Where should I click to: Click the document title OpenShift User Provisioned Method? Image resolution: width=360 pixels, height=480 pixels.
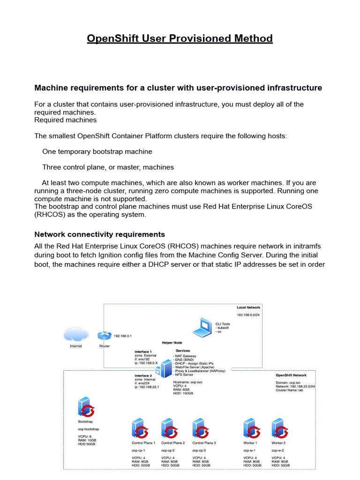180,38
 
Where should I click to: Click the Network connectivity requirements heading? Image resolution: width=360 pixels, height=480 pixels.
100,234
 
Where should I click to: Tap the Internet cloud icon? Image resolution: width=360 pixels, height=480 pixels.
76,335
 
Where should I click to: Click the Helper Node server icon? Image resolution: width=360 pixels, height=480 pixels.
165,368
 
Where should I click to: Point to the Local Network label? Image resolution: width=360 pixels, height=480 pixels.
248,307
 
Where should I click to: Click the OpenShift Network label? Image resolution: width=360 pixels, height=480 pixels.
291,375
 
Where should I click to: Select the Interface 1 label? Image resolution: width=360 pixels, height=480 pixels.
143,352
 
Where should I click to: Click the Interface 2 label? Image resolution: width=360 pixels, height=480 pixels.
143,375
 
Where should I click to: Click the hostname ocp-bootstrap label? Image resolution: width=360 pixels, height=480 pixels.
88,429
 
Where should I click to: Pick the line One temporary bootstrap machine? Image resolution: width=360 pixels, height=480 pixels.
97,152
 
